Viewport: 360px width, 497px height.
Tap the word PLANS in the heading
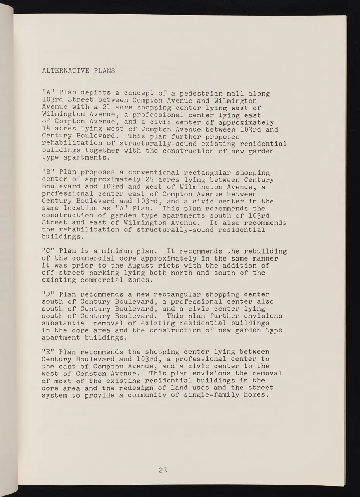(x=105, y=71)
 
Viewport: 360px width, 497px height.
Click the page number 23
(x=163, y=471)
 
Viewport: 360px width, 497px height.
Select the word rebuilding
(x=265, y=251)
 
